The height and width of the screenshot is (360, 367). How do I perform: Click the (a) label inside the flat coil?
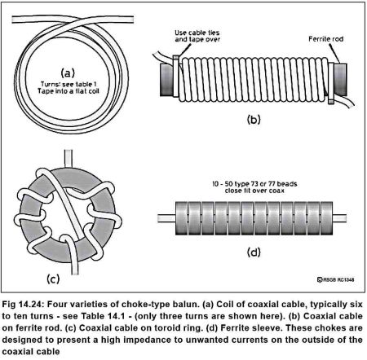68,72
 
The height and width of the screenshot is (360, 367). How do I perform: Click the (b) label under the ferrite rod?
254,120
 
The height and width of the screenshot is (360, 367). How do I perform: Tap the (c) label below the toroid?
53,279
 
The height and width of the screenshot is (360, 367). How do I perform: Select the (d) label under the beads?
254,252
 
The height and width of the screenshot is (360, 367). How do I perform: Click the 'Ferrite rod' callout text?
325,39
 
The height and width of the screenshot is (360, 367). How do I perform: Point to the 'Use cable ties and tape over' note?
197,36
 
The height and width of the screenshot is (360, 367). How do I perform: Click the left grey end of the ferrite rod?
166,80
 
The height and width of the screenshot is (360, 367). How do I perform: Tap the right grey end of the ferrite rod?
340,80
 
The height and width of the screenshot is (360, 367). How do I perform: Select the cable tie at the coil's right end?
331,83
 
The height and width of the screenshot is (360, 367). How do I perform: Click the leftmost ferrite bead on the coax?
182,218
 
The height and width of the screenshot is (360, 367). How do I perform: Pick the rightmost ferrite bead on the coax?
326,218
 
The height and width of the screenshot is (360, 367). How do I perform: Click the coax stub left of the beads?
166,218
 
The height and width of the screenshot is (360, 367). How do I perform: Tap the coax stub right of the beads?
339,218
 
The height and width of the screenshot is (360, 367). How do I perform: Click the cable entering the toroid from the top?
68,159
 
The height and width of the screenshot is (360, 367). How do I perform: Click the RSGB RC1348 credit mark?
336,279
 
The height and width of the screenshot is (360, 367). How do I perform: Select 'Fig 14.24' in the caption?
22,305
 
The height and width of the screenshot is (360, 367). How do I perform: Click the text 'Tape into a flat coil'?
69,91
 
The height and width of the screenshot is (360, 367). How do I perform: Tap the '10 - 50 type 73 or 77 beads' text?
254,184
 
